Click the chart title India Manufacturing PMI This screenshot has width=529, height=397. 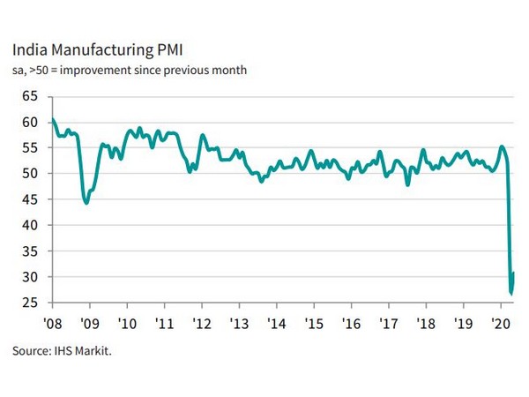[x=98, y=49]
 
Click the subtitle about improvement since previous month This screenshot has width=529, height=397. [x=130, y=71]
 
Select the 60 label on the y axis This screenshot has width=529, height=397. [x=31, y=121]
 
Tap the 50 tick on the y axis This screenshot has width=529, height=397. [x=31, y=173]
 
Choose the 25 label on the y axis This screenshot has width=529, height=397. [x=31, y=303]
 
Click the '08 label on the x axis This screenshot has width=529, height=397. [x=54, y=324]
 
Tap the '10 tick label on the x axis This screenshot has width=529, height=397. [x=126, y=324]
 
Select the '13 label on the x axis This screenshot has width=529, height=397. [x=238, y=324]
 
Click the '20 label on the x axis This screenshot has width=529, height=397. [x=499, y=324]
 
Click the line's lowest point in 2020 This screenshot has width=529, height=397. [x=511, y=293]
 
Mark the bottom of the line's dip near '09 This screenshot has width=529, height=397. [x=86, y=203]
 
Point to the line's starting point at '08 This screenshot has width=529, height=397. [x=53, y=119]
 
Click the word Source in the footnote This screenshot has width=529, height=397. [x=31, y=351]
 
